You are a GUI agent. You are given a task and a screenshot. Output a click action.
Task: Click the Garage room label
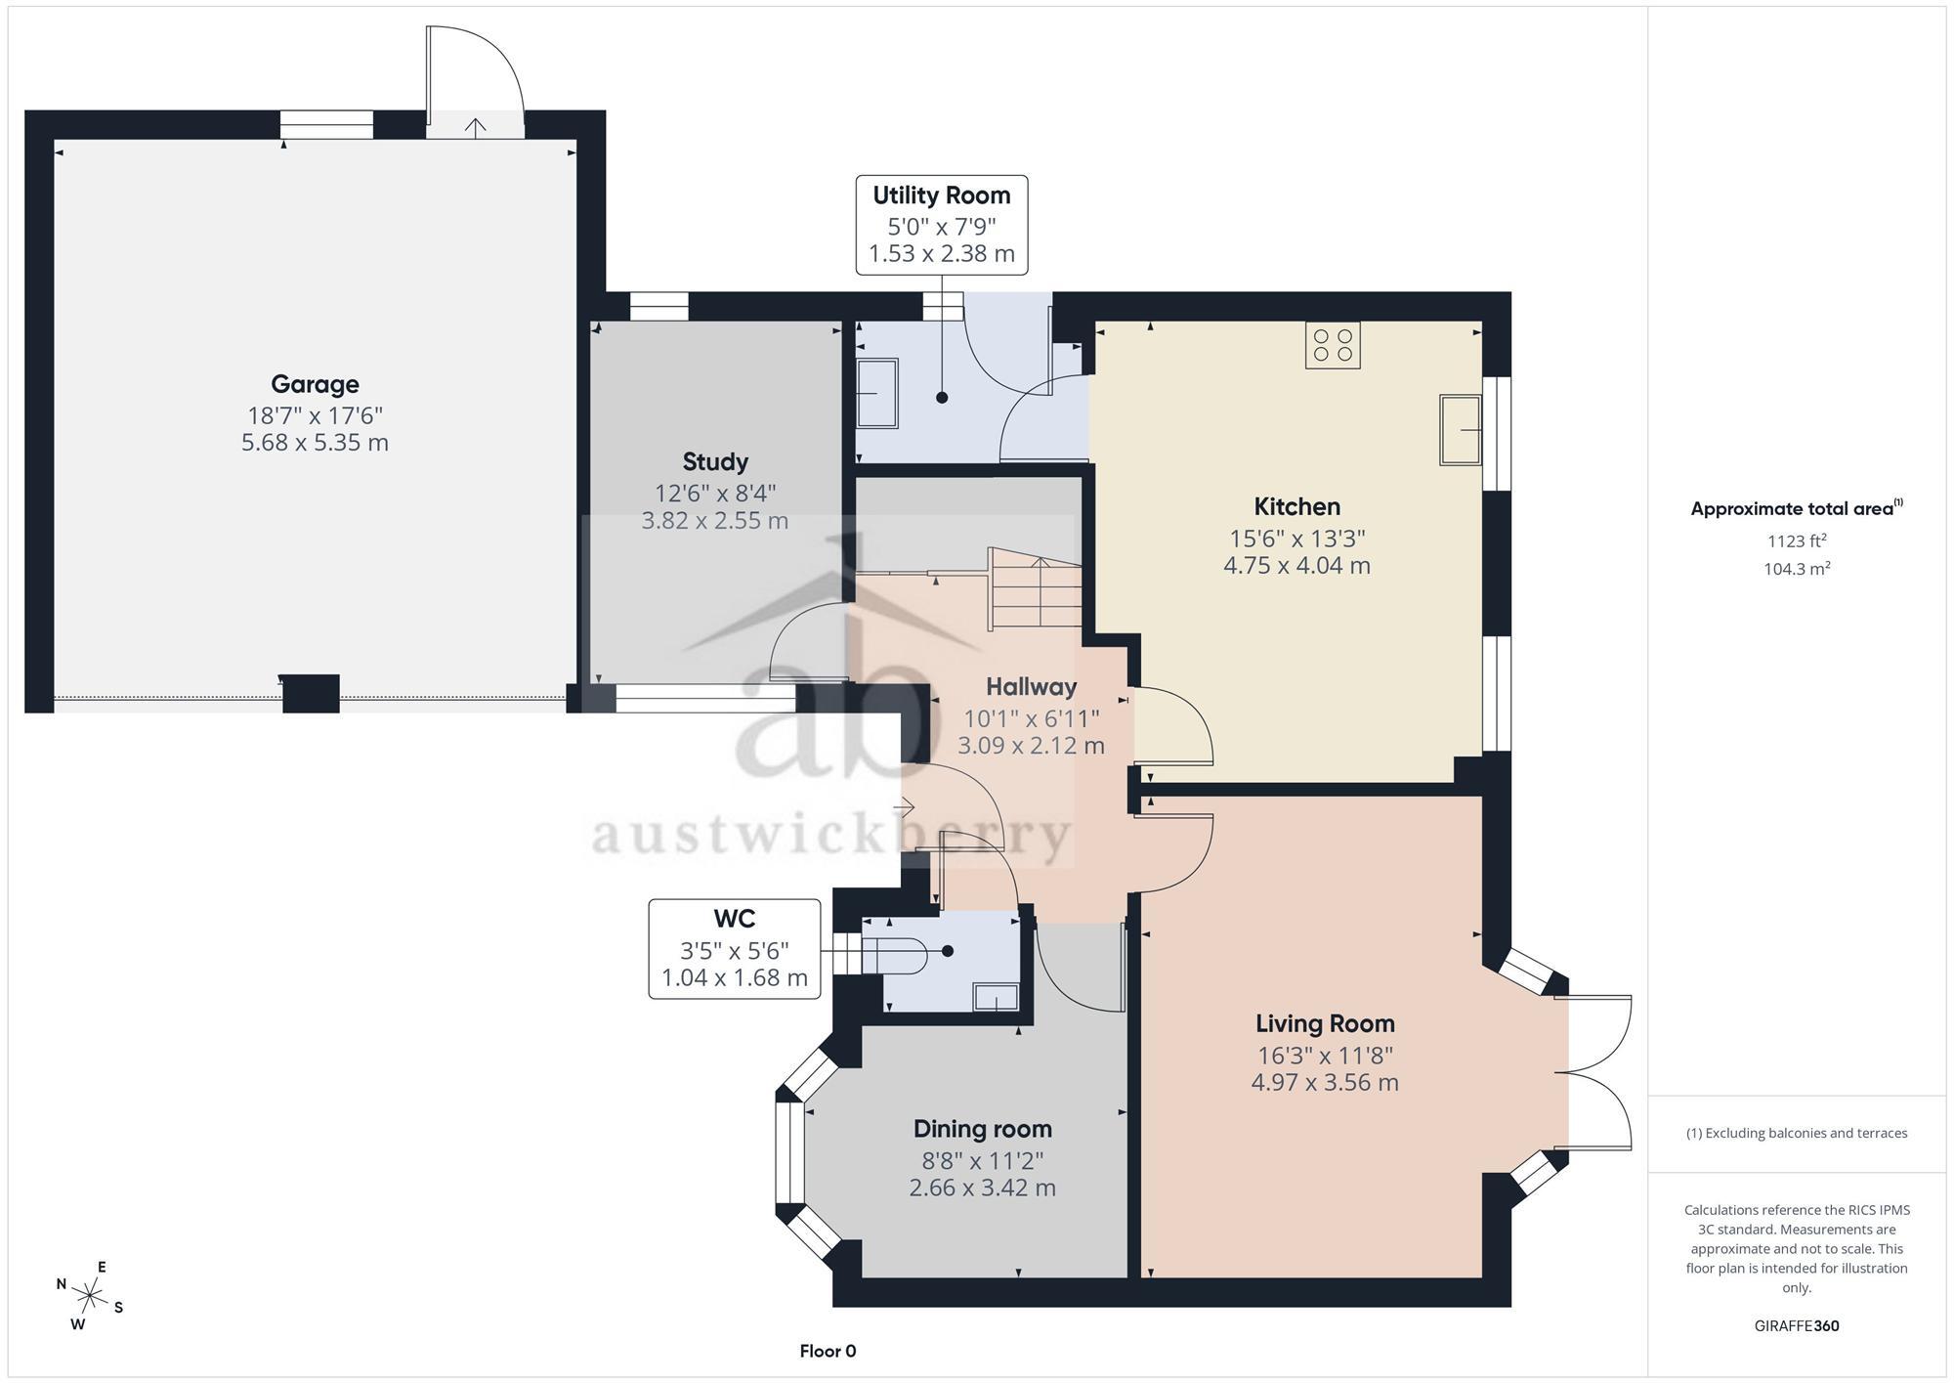315,384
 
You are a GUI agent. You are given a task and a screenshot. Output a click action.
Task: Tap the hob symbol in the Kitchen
1333,345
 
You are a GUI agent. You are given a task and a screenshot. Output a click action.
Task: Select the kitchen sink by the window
1461,429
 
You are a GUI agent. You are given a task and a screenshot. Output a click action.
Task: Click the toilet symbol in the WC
894,955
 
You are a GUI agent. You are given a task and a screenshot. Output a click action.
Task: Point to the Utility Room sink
876,393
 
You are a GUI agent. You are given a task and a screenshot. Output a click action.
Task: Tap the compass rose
90,1297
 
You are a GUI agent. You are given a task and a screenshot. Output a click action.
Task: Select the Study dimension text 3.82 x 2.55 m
714,521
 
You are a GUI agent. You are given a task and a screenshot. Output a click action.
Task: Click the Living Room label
1325,1023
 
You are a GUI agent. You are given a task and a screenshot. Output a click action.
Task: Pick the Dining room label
983,1129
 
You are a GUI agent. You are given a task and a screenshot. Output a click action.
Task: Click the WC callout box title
735,919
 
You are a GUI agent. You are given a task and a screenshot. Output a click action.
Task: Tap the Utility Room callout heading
942,195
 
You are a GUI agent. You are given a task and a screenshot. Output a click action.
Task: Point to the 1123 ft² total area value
1797,540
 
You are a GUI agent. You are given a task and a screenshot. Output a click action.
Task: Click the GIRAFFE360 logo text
1797,1326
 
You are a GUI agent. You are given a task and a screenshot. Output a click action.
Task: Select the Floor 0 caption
828,1352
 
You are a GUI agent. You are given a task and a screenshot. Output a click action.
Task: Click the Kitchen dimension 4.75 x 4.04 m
1296,566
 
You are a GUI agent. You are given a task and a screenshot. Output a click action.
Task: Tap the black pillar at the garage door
311,693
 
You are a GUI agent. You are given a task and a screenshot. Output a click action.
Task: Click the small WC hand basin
996,997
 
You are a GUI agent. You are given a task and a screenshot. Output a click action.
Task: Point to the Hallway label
1031,686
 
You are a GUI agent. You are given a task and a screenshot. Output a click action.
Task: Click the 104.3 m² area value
1797,569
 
